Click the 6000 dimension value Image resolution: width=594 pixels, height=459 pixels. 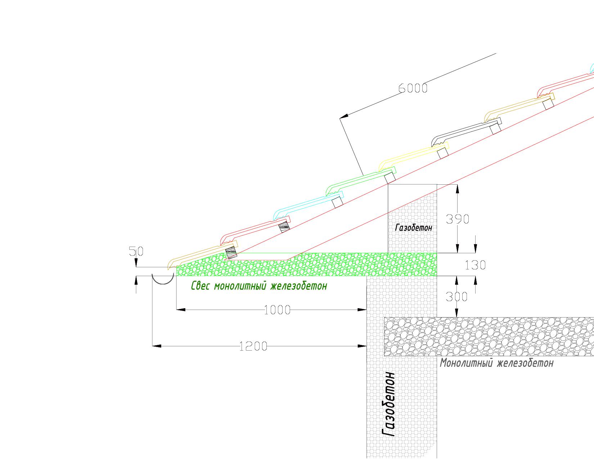413,88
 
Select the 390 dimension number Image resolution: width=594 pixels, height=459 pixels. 457,219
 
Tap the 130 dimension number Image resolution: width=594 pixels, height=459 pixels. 475,265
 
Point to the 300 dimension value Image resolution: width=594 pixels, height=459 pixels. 456,297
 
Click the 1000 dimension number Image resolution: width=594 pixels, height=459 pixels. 277,310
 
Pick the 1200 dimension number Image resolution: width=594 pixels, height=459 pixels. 253,346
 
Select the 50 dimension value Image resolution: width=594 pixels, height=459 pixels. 136,251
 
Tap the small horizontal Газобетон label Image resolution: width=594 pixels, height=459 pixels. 414,228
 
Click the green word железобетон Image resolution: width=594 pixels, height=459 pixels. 299,286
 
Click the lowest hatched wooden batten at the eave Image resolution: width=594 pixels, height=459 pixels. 231,253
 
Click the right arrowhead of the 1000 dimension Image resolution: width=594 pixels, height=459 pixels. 362,310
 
